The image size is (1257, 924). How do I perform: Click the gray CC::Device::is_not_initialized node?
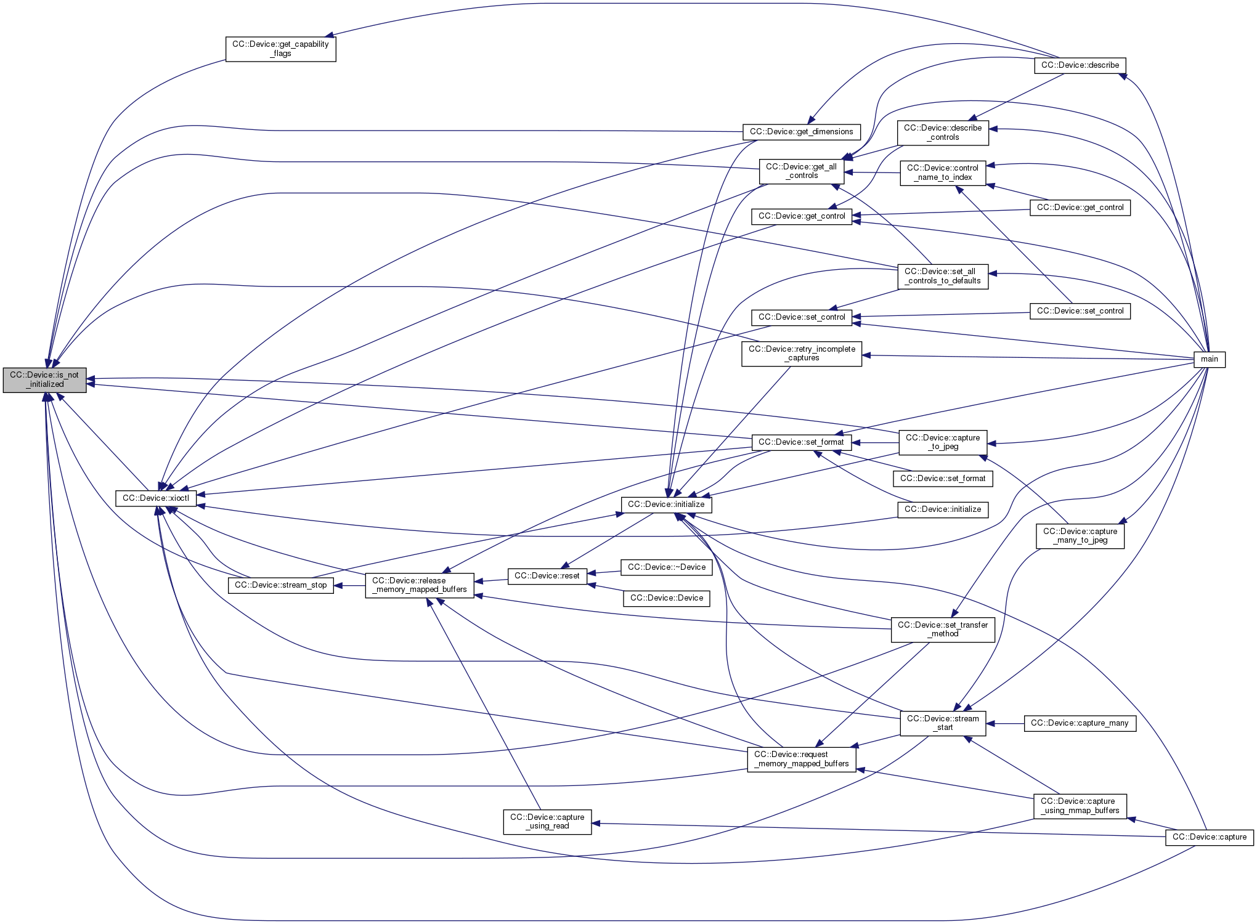pos(45,379)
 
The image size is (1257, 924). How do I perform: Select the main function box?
pos(1209,359)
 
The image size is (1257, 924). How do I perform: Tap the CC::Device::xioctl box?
pos(156,498)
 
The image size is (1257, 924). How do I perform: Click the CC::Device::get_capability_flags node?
pos(280,49)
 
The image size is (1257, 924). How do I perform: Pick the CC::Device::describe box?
pos(1080,65)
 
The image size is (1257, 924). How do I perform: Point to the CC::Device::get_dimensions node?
pos(801,132)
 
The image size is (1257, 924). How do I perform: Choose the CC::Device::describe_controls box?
pos(943,132)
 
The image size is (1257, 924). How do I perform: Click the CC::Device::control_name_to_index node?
pos(942,172)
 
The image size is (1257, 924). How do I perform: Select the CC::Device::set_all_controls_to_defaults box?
pos(942,276)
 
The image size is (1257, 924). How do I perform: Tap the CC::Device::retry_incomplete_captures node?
pos(802,354)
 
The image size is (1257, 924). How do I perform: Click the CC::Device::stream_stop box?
pos(280,585)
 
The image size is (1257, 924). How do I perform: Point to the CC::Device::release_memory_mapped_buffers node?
pos(420,585)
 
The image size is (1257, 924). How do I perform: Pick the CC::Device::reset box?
pos(547,576)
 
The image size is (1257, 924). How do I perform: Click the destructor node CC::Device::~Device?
pos(666,567)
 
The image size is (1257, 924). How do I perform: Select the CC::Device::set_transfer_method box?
pos(942,630)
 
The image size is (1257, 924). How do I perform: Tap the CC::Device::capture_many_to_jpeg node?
pos(1080,536)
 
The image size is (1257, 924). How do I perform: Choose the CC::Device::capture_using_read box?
pos(547,822)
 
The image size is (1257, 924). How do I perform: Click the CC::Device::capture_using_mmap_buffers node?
pos(1080,806)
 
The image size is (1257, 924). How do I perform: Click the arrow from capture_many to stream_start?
pos(1005,724)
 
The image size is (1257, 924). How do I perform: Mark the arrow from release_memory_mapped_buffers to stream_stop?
pos(349,585)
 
